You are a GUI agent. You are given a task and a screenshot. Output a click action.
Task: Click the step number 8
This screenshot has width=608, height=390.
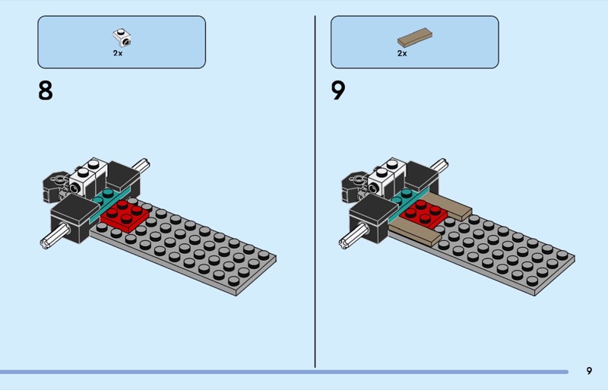[x=46, y=91]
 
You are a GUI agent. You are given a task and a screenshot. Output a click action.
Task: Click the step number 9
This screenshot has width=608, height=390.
[x=338, y=91]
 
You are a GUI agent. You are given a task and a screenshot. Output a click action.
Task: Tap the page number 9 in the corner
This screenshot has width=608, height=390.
[x=589, y=371]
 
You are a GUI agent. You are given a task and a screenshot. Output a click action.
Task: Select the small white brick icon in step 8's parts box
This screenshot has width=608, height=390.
[x=119, y=35]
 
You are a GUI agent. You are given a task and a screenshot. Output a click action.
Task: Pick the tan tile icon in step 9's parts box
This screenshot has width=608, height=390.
[x=415, y=36]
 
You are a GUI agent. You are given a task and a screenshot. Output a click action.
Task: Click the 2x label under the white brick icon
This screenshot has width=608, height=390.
[x=118, y=53]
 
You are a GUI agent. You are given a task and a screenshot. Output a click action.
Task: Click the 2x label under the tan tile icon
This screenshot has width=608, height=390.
[x=402, y=53]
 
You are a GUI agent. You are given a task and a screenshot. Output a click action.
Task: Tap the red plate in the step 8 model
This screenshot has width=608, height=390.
[x=124, y=214]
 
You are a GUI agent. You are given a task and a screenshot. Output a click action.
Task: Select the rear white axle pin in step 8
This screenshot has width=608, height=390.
[x=143, y=164]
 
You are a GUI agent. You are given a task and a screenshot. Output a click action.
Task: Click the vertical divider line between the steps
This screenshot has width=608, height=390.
[x=315, y=190]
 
